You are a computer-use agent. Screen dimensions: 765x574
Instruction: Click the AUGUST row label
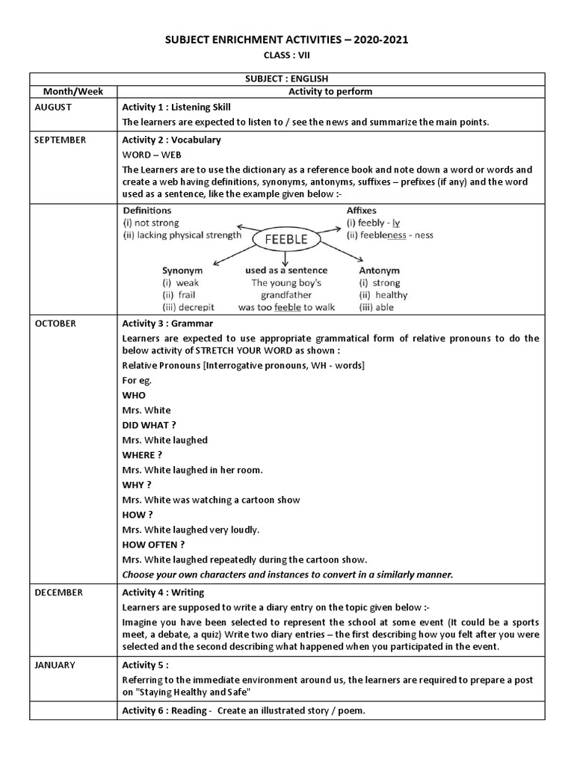pyautogui.click(x=53, y=107)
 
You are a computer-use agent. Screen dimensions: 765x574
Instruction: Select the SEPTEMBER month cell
pyautogui.click(x=60, y=140)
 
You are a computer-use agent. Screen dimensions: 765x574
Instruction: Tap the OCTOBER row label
pyautogui.click(x=55, y=323)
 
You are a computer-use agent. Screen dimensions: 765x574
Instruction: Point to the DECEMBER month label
pyautogui.click(x=58, y=592)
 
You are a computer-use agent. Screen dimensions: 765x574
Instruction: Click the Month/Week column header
pyautogui.click(x=73, y=91)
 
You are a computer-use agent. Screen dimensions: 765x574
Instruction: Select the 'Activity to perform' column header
pyautogui.click(x=330, y=91)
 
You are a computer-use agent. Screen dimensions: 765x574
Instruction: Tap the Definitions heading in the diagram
pyautogui.click(x=147, y=211)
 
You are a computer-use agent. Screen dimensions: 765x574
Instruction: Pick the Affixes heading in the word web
pyautogui.click(x=361, y=211)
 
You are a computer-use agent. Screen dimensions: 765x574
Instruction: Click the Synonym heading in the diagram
pyautogui.click(x=182, y=270)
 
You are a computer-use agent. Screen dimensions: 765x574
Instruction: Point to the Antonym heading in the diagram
pyautogui.click(x=379, y=270)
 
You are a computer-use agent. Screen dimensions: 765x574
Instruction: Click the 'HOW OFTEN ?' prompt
pyautogui.click(x=153, y=545)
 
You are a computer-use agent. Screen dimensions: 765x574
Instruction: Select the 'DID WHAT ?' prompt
pyautogui.click(x=149, y=425)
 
